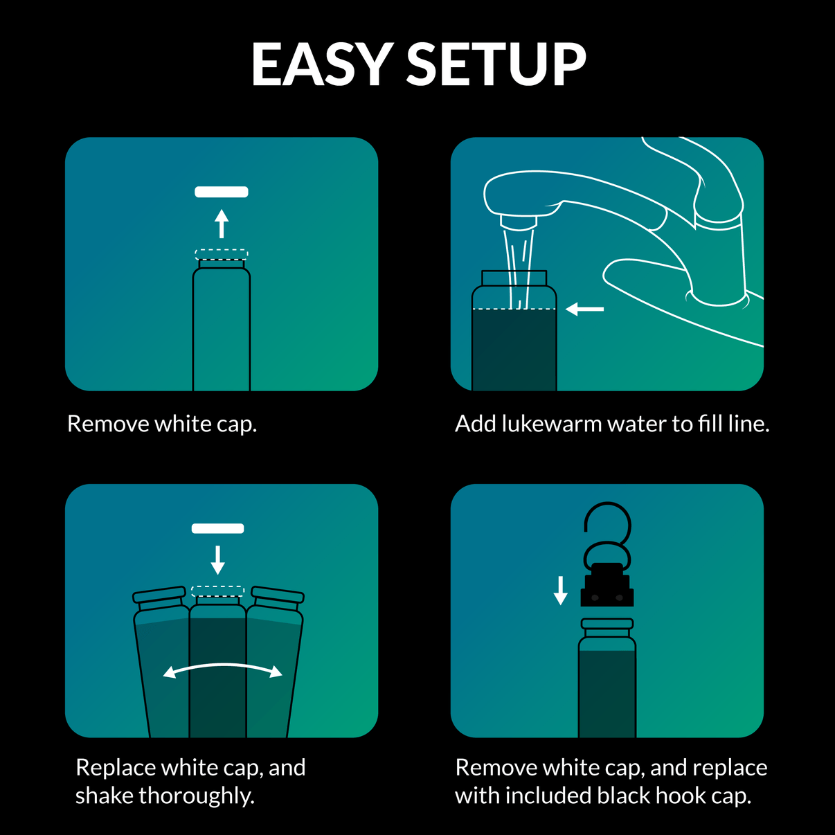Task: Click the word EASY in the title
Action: pyautogui.click(x=322, y=64)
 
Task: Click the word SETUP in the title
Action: pyautogui.click(x=496, y=64)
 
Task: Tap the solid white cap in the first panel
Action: pyautogui.click(x=222, y=192)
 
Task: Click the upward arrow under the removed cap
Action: pyautogui.click(x=222, y=224)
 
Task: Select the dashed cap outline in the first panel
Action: pyautogui.click(x=222, y=253)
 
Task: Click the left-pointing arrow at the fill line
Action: pyautogui.click(x=585, y=309)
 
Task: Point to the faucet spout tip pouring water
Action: pyautogui.click(x=519, y=222)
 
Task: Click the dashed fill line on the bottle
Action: pyautogui.click(x=514, y=308)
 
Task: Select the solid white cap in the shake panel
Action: pyautogui.click(x=217, y=528)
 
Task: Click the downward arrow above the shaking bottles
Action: pyautogui.click(x=217, y=559)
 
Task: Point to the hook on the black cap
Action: pyautogui.click(x=608, y=526)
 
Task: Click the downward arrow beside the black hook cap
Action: pyautogui.click(x=561, y=590)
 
